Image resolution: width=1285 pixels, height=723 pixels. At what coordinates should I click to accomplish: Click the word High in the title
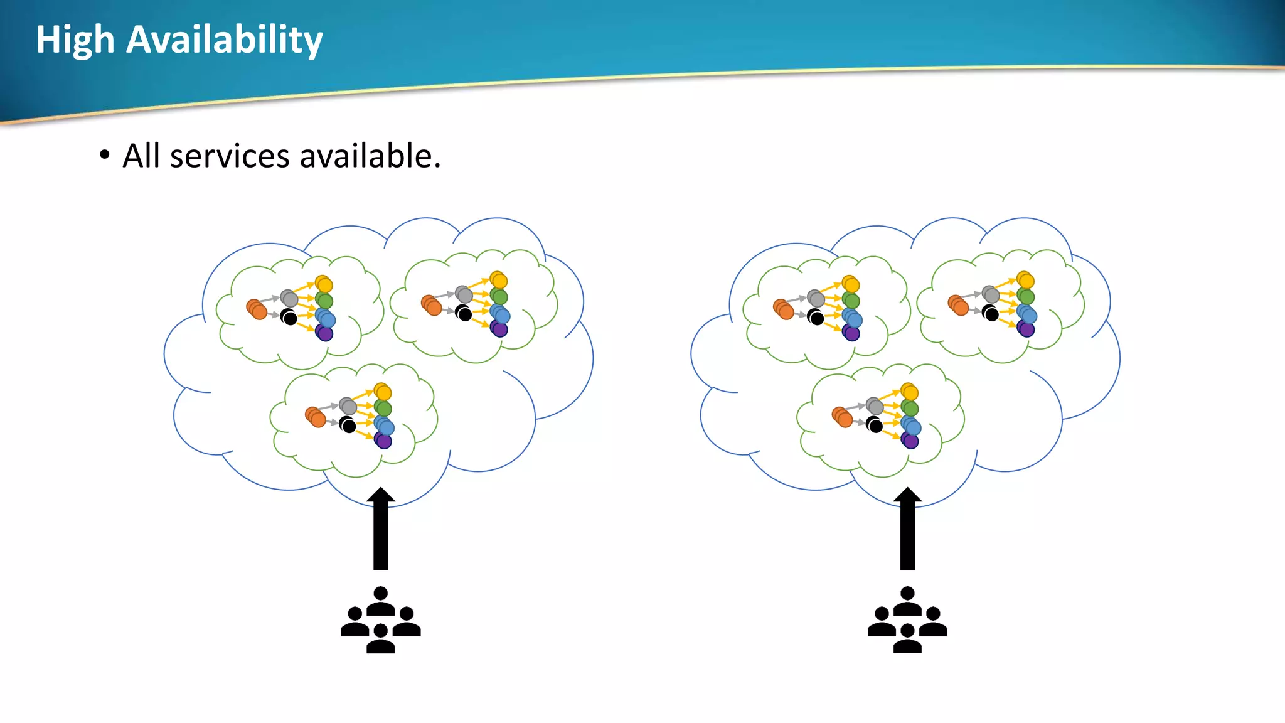(x=75, y=41)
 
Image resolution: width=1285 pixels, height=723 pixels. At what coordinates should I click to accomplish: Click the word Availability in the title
(x=224, y=41)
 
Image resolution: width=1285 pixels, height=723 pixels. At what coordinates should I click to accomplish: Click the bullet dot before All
(x=104, y=155)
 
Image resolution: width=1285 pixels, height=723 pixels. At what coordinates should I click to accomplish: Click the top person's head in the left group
(x=380, y=594)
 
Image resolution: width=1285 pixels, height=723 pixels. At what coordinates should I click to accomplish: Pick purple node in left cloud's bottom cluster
(x=383, y=441)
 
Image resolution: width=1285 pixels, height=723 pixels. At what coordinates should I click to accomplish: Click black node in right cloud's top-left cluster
(x=816, y=318)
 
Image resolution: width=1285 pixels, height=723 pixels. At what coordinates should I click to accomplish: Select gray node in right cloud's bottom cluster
(x=875, y=406)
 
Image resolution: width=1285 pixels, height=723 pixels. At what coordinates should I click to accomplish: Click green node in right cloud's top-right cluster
(x=1025, y=296)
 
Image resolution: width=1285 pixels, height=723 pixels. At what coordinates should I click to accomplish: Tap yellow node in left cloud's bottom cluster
(x=383, y=392)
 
